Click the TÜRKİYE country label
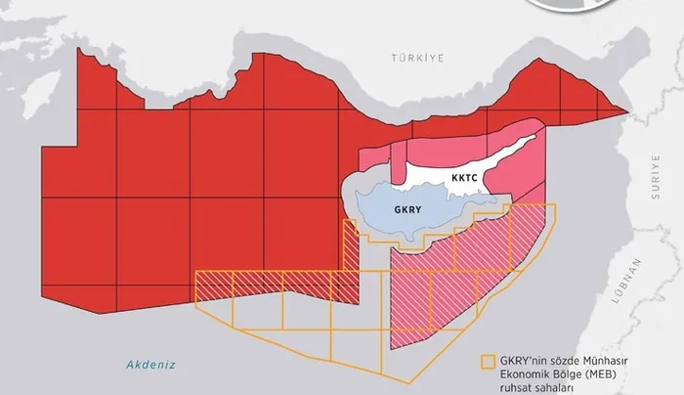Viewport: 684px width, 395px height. [417, 58]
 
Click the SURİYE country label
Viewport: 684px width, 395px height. [656, 179]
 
